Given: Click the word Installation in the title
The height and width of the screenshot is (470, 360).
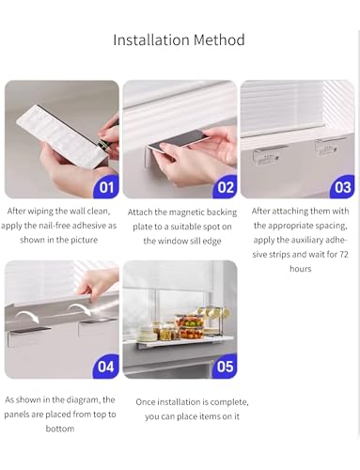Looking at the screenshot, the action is tap(151, 39).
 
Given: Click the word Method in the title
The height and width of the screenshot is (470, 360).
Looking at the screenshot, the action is tap(219, 39).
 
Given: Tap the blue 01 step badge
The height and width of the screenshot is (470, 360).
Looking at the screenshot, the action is tap(106, 187).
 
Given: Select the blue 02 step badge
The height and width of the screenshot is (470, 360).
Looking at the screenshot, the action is tap(225, 187).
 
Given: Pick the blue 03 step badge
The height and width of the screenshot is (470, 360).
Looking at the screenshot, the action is tap(343, 187).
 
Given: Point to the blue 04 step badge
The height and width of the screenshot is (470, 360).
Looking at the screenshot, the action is tap(106, 367).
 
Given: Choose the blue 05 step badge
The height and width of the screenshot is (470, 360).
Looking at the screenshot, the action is tap(225, 367).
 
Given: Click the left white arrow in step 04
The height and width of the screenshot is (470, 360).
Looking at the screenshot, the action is tap(27, 316).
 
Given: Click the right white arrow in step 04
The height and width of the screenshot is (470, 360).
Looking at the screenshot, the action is tap(79, 308).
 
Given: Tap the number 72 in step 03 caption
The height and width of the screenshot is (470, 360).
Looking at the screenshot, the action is tap(343, 254).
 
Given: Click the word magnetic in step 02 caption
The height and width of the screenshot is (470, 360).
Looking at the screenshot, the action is tap(186, 212).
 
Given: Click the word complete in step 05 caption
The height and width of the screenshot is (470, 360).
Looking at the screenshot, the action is tap(228, 402).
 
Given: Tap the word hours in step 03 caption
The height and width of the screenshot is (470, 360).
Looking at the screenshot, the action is tap(301, 269).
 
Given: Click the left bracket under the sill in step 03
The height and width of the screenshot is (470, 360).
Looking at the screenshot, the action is tap(266, 156).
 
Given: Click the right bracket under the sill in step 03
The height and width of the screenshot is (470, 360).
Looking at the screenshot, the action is tap(329, 148).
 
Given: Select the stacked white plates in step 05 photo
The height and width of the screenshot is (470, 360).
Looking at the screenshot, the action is tap(147, 334).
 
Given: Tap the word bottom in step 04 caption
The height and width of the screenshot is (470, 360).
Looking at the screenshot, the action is tap(60, 429).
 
